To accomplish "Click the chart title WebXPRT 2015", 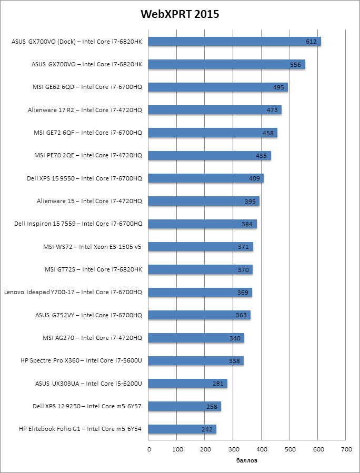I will (179, 14).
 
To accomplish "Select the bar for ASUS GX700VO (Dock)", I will (235, 42).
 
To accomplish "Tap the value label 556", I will (296, 65).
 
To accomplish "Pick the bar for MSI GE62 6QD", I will (218, 87).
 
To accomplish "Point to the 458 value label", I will (268, 133).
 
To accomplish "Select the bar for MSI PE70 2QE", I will (209, 156).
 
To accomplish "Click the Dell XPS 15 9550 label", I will (84, 178).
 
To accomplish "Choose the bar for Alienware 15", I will (204, 201).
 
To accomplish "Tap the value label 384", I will (247, 224).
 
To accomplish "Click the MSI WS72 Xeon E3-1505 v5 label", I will (92, 247).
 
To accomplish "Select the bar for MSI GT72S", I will (201, 269).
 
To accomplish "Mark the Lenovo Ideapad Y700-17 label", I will (73, 292).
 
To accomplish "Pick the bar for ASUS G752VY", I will (199, 315).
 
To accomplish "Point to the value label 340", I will (235, 338).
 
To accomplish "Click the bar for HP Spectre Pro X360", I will (196, 361).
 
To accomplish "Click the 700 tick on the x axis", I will (346, 449).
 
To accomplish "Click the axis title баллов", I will (247, 460).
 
